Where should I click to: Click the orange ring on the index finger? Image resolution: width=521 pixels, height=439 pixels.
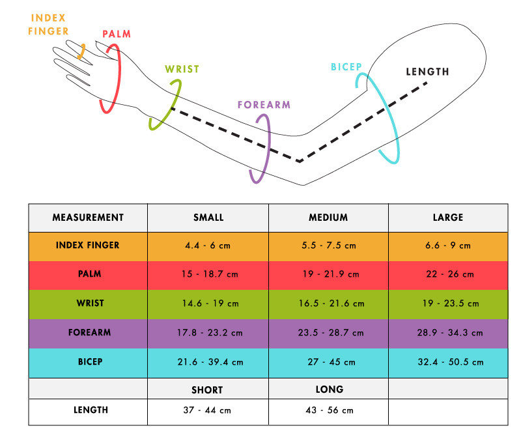tap(81, 51)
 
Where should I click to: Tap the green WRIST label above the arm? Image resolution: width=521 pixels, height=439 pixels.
tap(182, 69)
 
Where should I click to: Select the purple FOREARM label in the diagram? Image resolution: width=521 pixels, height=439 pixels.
tap(264, 104)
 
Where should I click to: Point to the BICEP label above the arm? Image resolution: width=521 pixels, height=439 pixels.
tap(346, 67)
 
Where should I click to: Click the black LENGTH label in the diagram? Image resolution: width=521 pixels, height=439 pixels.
tap(427, 72)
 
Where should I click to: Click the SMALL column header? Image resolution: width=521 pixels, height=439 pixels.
tap(208, 218)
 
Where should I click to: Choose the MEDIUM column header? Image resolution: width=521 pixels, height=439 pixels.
tap(328, 218)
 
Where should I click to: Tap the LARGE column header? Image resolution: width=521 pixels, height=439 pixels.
tap(448, 218)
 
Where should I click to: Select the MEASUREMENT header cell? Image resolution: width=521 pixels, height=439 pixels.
tap(88, 218)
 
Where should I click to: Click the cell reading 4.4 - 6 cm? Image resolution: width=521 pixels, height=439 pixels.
tap(208, 246)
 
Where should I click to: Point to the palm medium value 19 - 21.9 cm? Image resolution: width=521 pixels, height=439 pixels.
tap(328, 275)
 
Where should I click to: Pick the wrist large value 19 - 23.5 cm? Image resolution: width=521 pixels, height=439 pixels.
tap(448, 304)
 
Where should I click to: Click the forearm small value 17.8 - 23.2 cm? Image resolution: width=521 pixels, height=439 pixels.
tap(208, 332)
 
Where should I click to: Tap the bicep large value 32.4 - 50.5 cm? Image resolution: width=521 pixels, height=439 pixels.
tap(448, 361)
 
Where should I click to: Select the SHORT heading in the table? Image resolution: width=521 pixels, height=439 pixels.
tap(207, 389)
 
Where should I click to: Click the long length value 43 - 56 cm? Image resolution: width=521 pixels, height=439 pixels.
tap(328, 410)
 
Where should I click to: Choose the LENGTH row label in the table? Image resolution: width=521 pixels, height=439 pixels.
tap(88, 410)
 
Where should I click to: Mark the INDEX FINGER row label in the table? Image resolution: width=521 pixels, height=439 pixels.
tap(88, 246)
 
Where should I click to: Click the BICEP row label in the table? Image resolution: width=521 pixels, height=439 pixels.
tap(88, 361)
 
